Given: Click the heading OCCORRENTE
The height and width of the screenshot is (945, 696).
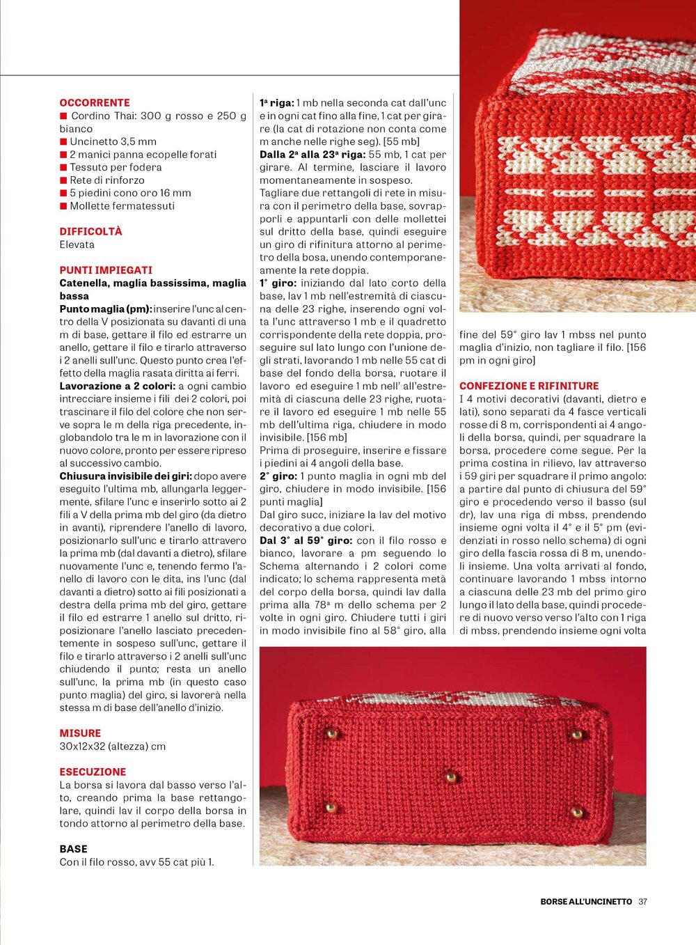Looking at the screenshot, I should (x=95, y=102).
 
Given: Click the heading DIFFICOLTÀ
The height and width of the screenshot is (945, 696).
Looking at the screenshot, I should (x=90, y=231).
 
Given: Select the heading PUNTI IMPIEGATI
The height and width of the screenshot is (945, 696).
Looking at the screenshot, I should (x=106, y=270).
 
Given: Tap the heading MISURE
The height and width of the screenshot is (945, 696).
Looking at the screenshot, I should (x=80, y=733).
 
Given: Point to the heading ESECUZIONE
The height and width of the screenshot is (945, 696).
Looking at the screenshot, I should (x=93, y=772).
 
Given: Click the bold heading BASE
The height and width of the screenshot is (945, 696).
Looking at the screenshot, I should (x=73, y=849).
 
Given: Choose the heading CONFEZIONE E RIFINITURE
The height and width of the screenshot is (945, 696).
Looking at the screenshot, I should (x=529, y=386).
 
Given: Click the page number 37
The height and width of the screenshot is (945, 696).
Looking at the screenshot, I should (x=642, y=901).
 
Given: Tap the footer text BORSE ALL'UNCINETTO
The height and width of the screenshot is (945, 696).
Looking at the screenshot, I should (x=586, y=901).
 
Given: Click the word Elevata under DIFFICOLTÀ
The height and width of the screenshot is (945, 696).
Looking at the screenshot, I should (x=77, y=244).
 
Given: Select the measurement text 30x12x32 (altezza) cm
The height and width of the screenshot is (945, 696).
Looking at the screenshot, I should (x=113, y=746).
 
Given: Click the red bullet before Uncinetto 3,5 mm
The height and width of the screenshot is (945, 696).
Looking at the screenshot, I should (x=63, y=142).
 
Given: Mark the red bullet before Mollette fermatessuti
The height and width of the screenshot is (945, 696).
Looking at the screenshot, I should (x=63, y=206).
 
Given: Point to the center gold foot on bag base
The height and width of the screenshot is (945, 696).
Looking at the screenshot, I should (x=450, y=776).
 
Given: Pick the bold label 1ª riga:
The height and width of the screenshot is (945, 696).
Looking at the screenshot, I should (x=276, y=103).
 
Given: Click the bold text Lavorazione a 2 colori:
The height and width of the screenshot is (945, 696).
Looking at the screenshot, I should (x=118, y=386).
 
